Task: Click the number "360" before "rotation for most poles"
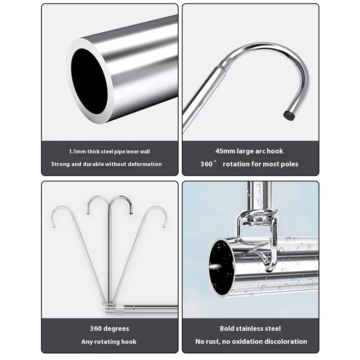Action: [x=207, y=164]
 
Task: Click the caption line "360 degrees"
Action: [x=109, y=329]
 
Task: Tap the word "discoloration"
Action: [x=284, y=342]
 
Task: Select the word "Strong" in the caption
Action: [x=60, y=164]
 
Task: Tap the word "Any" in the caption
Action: [x=87, y=342]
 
